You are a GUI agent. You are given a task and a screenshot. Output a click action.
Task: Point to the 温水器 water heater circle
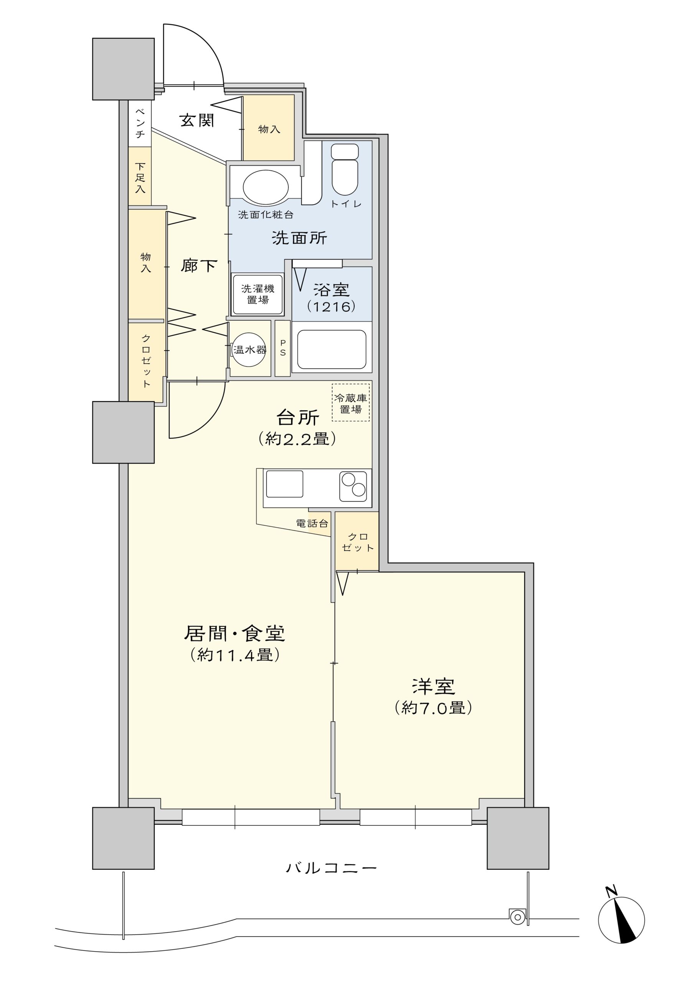tap(249, 350)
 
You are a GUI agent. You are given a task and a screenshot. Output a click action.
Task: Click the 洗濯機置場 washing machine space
tap(258, 295)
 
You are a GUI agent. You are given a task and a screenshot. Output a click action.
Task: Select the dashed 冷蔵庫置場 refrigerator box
tap(351, 403)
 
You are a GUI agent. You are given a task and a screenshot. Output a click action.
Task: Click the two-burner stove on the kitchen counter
tap(353, 486)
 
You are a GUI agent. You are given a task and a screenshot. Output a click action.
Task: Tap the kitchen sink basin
tap(285, 484)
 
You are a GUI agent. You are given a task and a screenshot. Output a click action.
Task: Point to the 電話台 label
tap(312, 523)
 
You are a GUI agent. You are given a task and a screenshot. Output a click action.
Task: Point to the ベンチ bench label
tap(140, 124)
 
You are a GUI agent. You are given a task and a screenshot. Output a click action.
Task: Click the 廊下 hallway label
tap(199, 266)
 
